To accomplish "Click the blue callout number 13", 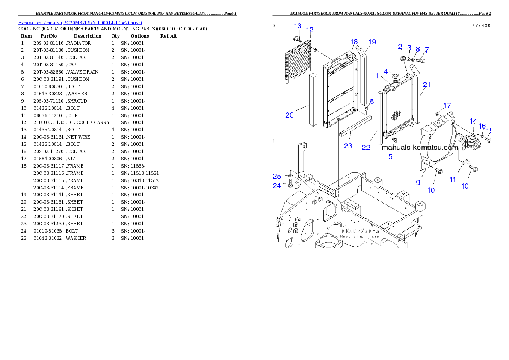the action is [298, 26].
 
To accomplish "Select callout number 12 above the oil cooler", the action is [310, 30].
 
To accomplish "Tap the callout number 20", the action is [290, 115].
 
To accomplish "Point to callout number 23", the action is [348, 146].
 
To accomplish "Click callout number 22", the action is [366, 148].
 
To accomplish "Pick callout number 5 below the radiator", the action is [391, 156].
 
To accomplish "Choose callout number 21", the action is [426, 84].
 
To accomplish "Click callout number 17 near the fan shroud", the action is [447, 106].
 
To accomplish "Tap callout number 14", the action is [473, 121].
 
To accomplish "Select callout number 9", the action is [418, 182].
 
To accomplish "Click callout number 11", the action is [453, 180].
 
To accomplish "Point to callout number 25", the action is [277, 176].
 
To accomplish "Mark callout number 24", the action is [277, 186].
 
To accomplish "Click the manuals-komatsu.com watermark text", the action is [420, 148].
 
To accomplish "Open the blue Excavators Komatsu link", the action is [80, 22].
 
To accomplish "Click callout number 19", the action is [372, 42].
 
